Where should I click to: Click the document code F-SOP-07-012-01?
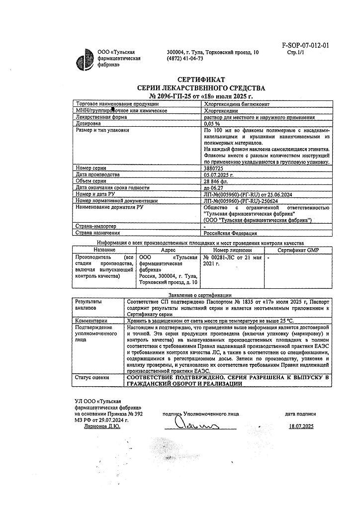click(305, 45)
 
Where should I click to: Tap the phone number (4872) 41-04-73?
click(185, 58)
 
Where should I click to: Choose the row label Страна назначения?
click(97, 233)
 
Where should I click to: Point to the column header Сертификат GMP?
click(297, 250)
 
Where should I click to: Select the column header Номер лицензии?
click(232, 250)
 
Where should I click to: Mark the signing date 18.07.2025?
click(301, 426)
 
